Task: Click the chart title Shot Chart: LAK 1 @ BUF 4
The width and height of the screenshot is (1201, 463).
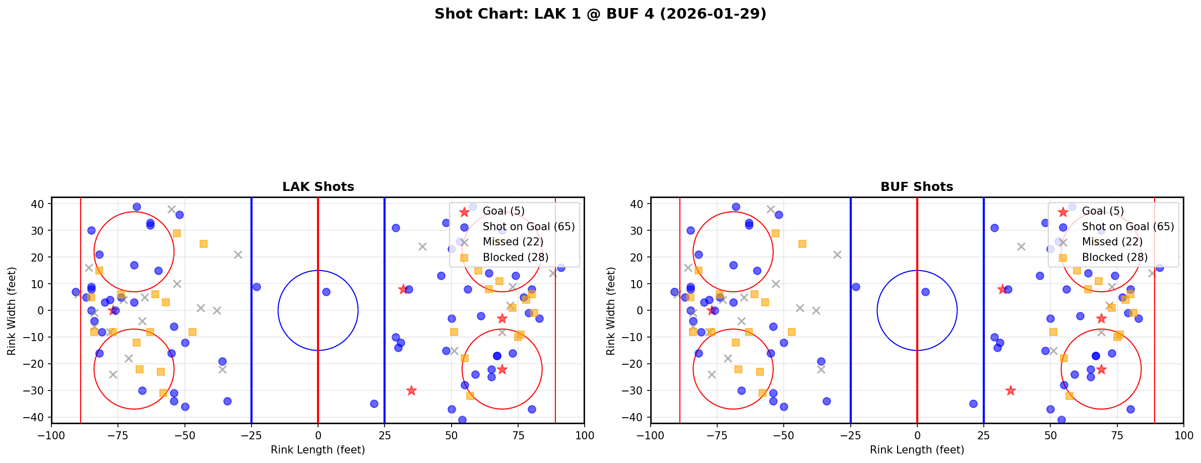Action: click(600, 14)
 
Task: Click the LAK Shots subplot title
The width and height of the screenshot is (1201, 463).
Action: click(318, 187)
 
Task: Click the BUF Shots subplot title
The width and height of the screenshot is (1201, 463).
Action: click(917, 187)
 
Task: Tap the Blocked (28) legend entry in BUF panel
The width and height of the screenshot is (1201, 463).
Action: click(1114, 257)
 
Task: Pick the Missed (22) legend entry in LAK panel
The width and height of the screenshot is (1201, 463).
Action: click(513, 242)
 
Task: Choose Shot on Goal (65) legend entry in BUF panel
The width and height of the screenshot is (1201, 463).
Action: click(1127, 227)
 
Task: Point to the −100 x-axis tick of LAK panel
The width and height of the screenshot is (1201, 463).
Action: click(51, 435)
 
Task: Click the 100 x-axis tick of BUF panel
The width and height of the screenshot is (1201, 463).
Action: click(1183, 435)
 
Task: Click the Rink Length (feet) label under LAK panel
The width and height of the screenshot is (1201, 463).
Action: click(318, 450)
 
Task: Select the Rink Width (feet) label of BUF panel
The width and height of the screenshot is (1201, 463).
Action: click(611, 311)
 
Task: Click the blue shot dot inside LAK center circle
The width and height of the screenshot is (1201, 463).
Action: click(326, 292)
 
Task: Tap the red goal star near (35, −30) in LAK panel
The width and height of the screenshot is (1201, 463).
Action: click(411, 390)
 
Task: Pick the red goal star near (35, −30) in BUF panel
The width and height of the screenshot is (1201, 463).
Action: click(1010, 390)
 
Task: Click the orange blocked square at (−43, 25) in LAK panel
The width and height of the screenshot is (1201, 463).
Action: click(204, 244)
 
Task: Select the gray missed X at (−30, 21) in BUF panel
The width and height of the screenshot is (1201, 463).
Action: click(837, 255)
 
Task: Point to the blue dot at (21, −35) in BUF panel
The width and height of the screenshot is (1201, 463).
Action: click(973, 404)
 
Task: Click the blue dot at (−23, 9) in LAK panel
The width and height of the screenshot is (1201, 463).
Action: click(257, 287)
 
